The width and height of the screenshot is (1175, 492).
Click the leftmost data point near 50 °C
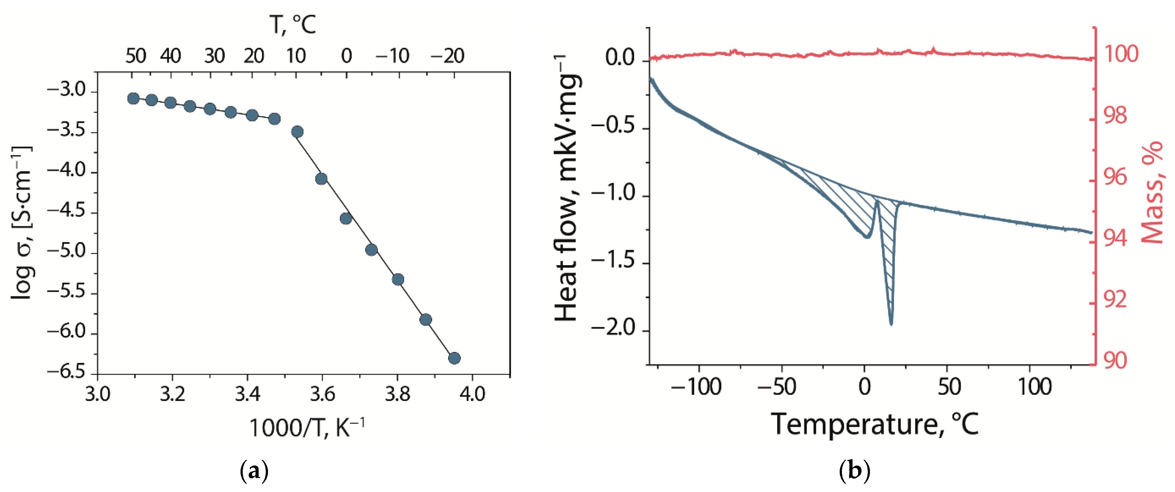click(133, 98)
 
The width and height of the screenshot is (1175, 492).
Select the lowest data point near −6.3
click(454, 358)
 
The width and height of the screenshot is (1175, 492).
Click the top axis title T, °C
click(292, 25)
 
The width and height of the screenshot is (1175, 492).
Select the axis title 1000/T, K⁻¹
click(307, 428)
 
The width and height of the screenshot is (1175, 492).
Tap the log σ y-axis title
click(22, 223)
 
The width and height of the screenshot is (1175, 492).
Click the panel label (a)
click(254, 471)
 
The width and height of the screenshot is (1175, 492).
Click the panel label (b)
click(854, 471)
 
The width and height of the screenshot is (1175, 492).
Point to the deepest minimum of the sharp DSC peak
click(891, 324)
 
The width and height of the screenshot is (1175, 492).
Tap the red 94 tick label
click(1115, 238)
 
